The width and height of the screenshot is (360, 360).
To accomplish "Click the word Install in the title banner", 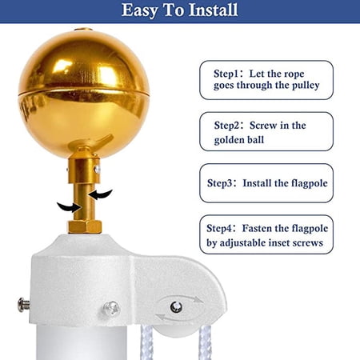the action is point(213,10).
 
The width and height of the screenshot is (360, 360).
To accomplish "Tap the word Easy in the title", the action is point(139,10).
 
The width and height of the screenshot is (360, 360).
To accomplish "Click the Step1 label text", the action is point(226,74).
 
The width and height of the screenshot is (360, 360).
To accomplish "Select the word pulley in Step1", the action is point(306,86).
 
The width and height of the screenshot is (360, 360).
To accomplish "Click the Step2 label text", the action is point(226,126).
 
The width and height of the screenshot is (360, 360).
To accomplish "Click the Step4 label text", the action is point(219,229).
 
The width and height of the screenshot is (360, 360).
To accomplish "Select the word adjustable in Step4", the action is point(242,243).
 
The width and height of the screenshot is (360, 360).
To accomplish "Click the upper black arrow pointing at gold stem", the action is point(101,194).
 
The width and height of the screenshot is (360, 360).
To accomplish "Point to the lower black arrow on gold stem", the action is point(69,207).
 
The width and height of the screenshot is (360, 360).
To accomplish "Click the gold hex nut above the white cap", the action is point(85,227).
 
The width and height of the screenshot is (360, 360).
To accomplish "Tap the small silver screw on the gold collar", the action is point(98,169).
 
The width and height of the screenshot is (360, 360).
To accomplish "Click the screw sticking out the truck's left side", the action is point(24,305).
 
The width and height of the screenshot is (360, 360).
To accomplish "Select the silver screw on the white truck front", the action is point(111,309).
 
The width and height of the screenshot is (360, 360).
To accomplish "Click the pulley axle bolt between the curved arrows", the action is point(176,306).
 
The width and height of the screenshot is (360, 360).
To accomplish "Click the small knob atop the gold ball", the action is point(83,29).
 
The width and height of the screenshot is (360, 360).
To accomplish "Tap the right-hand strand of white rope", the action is point(205,342).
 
